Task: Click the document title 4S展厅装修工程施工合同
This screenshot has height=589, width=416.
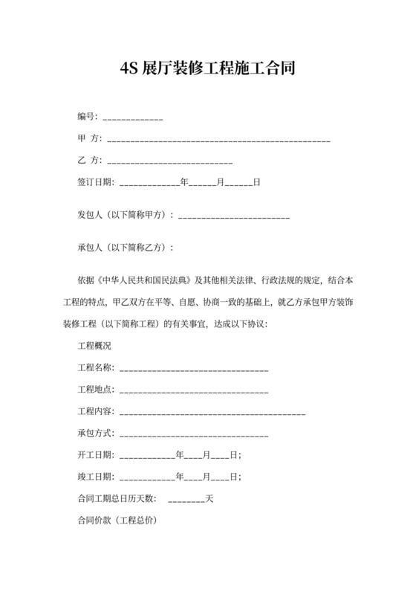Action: coord(208,70)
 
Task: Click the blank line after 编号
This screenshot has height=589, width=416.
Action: coord(133,118)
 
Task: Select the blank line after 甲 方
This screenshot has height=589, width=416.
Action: coord(219,139)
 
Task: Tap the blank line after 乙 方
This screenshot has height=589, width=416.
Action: coord(171,161)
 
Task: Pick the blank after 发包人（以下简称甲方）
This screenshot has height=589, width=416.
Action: coord(234,216)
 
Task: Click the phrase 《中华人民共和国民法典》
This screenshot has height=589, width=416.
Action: coord(144,281)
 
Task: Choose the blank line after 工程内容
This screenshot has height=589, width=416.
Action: coord(212,411)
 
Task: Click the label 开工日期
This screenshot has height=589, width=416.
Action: coord(95,454)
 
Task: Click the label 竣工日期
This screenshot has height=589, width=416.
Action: coord(95,476)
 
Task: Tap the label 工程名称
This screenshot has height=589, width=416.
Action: coord(95,368)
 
